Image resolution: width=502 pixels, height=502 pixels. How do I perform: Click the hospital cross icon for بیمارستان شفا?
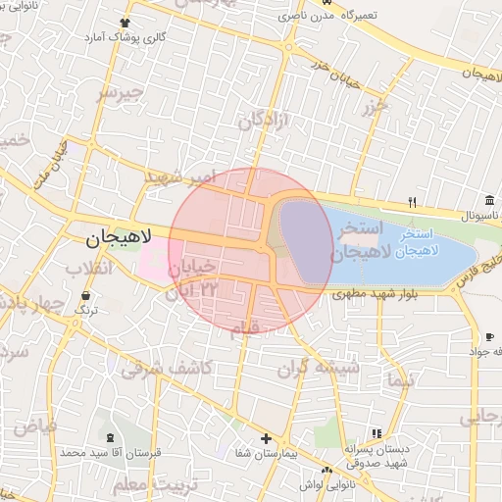click(266, 438)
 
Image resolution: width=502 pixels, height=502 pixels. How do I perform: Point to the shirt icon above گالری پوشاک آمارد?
click(125, 23)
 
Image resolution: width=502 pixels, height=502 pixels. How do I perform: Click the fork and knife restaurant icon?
click(413, 203)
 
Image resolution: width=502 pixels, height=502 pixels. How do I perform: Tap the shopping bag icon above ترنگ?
click(88, 295)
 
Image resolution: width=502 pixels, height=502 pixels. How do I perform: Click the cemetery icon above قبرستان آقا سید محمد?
click(109, 437)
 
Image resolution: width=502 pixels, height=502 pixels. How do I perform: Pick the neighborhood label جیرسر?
click(120, 93)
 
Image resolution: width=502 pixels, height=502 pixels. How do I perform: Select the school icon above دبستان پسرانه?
click(375, 432)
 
